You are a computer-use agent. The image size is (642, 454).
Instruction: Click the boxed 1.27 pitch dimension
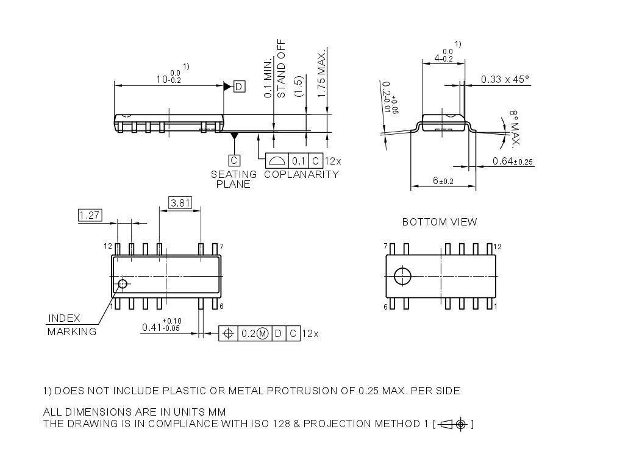90,215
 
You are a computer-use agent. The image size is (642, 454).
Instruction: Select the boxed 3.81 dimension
180,203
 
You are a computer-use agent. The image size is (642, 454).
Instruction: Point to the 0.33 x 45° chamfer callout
505,79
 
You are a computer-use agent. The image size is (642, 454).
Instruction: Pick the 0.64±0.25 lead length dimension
512,161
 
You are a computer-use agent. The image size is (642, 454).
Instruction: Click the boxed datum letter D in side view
239,87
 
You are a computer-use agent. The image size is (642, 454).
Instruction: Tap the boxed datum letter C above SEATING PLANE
234,161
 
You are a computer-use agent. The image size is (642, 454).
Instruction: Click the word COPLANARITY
301,174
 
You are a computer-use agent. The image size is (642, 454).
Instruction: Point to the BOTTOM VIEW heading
440,222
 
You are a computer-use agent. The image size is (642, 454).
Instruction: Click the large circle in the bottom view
403,276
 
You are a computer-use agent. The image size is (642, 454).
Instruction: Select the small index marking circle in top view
123,283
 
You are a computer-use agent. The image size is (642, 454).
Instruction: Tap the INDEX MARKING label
71,325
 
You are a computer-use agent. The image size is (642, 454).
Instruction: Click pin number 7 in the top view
221,247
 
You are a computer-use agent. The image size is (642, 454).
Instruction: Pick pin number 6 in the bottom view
385,307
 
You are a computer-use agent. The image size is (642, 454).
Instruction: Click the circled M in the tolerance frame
263,333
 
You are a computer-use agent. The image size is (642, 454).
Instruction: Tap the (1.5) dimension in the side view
298,85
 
